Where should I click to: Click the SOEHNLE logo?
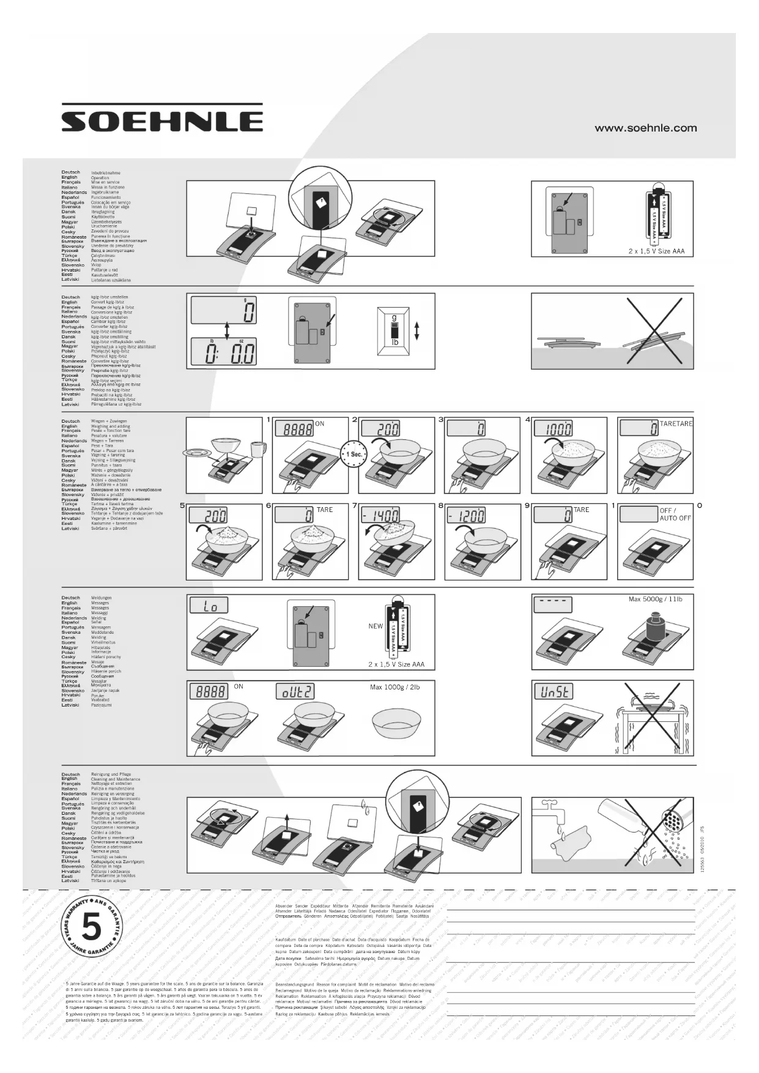(162, 119)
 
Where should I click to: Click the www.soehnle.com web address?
(645, 128)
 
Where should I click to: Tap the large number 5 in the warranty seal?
(91, 928)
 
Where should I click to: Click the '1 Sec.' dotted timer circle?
(354, 455)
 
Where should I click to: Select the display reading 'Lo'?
(209, 606)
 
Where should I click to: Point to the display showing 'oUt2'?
(295, 691)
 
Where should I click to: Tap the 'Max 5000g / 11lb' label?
(655, 600)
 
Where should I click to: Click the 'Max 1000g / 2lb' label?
(394, 688)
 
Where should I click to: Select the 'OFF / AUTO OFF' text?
(675, 514)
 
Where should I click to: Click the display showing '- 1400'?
(380, 516)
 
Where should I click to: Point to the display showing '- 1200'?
(466, 516)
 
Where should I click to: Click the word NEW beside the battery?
(376, 626)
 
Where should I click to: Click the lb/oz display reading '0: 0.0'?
(223, 353)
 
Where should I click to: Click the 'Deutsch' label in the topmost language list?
(70, 173)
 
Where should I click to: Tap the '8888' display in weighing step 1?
(294, 429)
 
